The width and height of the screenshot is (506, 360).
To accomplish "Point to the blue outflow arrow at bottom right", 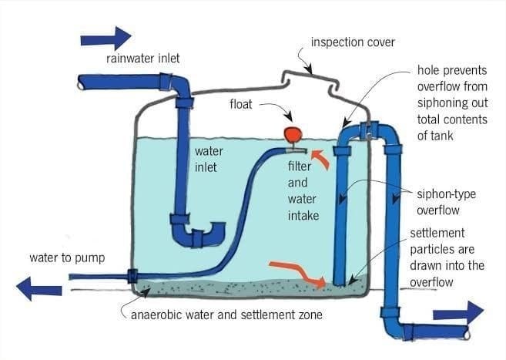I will coord(458,313).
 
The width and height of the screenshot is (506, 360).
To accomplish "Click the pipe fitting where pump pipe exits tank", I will coord(132,275).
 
